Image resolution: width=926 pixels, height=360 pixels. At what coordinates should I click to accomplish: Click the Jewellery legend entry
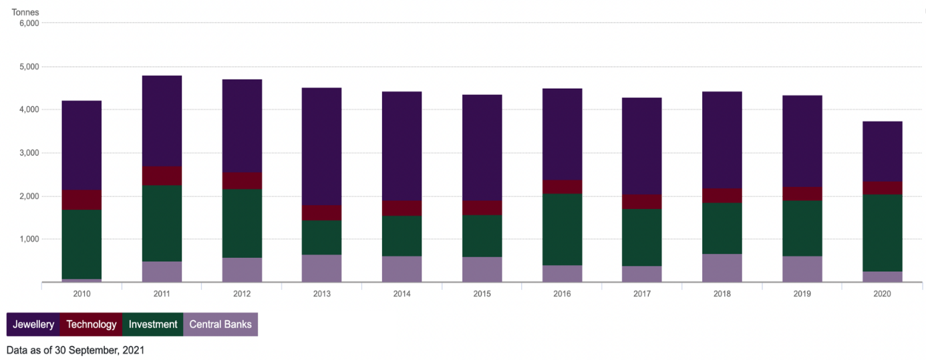[33, 325]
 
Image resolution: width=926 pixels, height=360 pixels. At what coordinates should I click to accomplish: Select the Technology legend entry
[92, 325]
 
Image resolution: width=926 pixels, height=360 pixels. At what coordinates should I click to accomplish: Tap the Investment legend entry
[153, 325]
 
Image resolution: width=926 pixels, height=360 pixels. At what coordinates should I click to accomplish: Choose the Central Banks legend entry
[220, 325]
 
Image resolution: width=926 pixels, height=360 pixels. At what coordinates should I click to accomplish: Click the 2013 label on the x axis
[321, 293]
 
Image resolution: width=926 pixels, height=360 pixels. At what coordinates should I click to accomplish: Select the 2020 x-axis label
[882, 293]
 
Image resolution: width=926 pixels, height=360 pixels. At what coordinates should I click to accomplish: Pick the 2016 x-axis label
[562, 293]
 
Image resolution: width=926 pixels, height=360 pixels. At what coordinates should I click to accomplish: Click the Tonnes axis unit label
[25, 12]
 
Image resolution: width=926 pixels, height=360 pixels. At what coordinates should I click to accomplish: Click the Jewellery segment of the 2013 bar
[321, 146]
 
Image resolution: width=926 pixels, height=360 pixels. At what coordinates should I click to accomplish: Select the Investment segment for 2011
[162, 223]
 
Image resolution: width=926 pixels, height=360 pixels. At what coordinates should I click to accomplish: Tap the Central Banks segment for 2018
[722, 268]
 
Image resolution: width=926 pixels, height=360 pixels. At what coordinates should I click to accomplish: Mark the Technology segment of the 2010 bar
[82, 200]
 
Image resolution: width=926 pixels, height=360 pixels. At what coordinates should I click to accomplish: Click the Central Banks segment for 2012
[242, 270]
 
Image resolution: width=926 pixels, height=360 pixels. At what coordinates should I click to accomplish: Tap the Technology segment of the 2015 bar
[482, 208]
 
